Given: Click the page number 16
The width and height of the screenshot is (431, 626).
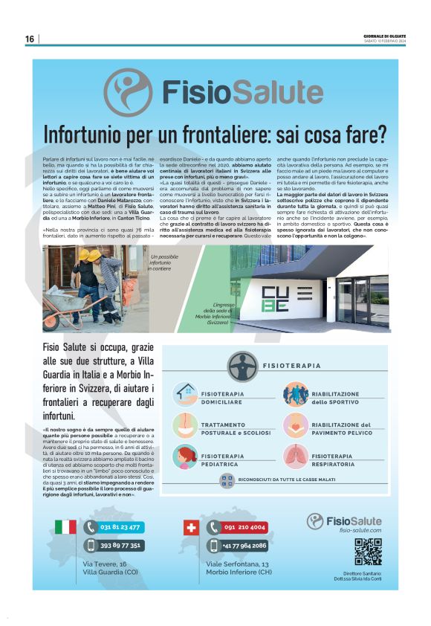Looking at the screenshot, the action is click(30, 39).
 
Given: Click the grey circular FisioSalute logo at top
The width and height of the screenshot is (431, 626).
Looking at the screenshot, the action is click(129, 92).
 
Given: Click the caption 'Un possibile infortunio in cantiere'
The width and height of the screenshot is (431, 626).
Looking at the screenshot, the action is click(165, 264).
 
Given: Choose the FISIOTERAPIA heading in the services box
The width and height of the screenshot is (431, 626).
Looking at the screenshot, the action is click(291, 366).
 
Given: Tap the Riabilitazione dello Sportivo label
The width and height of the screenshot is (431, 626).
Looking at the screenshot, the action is click(334, 398).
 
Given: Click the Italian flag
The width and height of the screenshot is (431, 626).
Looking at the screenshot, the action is click(65, 527).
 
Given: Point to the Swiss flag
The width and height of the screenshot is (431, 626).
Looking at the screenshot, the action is click(191, 527).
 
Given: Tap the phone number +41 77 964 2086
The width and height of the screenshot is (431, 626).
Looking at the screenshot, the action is click(244, 545).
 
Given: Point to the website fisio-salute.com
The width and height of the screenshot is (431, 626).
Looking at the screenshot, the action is click(360, 530).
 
